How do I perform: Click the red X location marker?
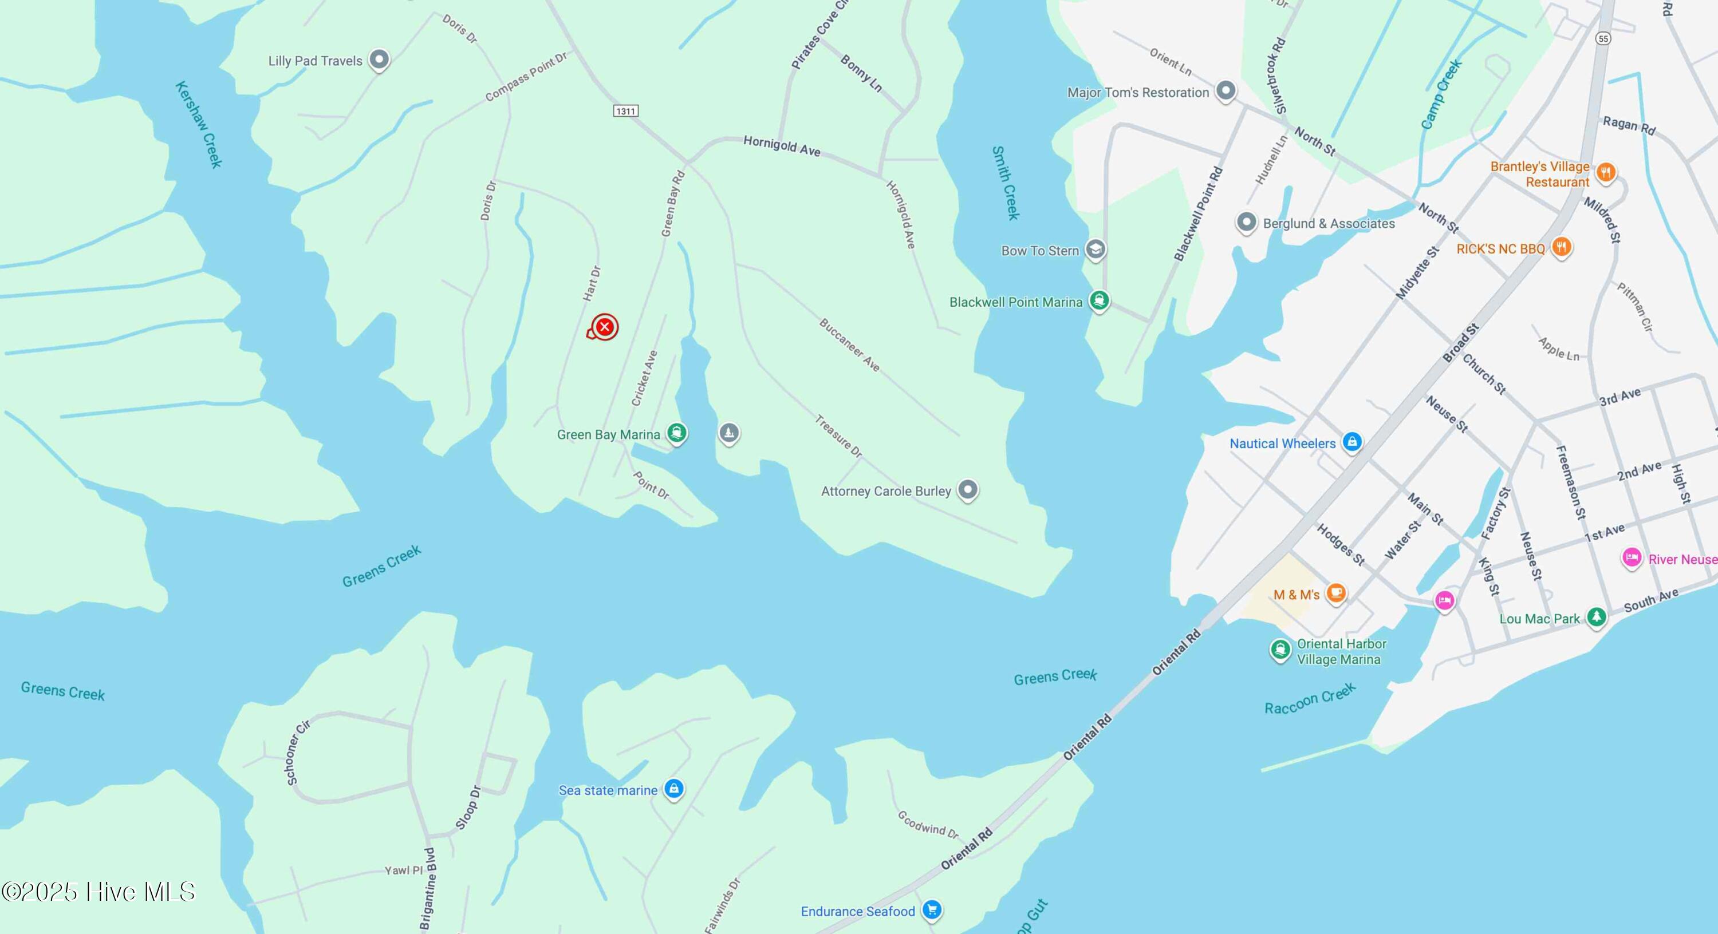point(604,327)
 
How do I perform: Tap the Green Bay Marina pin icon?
point(677,433)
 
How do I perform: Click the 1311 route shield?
point(625,110)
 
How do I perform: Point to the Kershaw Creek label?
point(198,125)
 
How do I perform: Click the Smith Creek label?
point(1005,183)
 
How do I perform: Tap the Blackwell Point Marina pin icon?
point(1099,300)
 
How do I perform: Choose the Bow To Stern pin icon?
point(1095,250)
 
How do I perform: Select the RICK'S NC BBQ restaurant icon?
point(1561,247)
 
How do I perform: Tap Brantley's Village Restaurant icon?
point(1606,173)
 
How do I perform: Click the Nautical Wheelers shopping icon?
point(1352,441)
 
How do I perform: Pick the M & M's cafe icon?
point(1336,593)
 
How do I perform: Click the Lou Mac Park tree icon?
point(1596,617)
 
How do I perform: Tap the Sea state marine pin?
point(673,789)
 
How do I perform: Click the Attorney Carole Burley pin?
point(968,490)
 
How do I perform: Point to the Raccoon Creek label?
point(1310,698)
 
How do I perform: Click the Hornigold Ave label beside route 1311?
point(782,145)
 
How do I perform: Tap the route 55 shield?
point(1603,39)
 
